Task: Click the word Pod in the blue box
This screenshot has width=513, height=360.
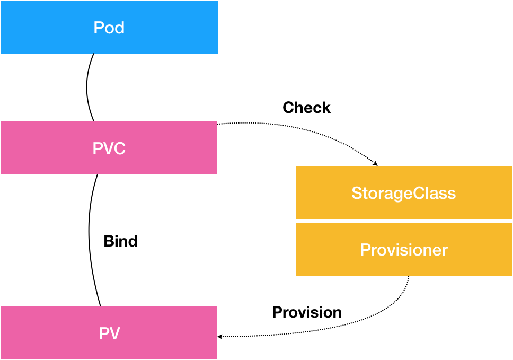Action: pyautogui.click(x=109, y=28)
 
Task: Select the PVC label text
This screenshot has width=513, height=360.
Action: pyautogui.click(x=109, y=148)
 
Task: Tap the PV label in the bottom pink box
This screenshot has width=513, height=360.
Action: pyautogui.click(x=109, y=333)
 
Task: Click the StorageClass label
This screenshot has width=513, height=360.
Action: pyautogui.click(x=403, y=193)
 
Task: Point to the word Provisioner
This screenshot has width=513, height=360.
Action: pyautogui.click(x=403, y=250)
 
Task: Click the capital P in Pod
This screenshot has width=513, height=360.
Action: pyautogui.click(x=98, y=28)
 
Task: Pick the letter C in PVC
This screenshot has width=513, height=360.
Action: pyautogui.click(x=119, y=148)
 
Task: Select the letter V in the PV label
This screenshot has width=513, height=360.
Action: pyautogui.click(x=114, y=333)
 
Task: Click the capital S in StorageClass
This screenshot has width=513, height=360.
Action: pyautogui.click(x=357, y=193)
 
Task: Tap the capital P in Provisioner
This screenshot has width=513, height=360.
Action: pyautogui.click(x=365, y=250)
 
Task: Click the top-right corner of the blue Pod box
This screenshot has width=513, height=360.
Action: pyautogui.click(x=217, y=1)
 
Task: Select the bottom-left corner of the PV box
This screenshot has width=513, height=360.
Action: pyautogui.click(x=1, y=358)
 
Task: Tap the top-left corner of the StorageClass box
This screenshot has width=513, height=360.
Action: pyautogui.click(x=296, y=167)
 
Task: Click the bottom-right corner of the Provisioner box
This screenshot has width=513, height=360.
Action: pyautogui.click(x=511, y=275)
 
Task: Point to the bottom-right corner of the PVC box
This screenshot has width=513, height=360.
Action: pyautogui.click(x=216, y=173)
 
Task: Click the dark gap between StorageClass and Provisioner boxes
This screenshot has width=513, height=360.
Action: pyautogui.click(x=403, y=221)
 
